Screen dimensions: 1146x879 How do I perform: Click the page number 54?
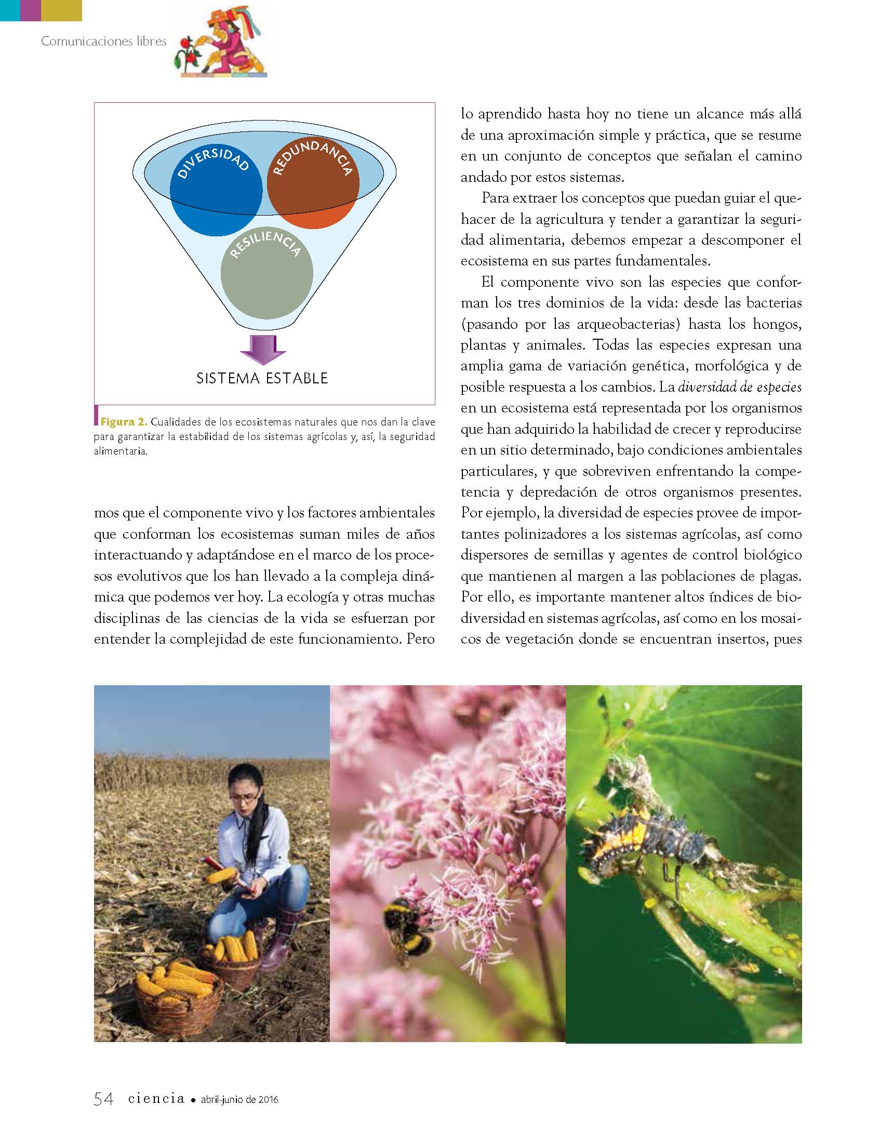coord(103,1099)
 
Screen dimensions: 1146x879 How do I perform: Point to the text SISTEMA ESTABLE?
coord(262,378)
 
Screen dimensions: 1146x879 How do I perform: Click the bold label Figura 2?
coord(124,422)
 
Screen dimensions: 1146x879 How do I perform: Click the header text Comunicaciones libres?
coord(103,41)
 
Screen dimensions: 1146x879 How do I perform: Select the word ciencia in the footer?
coord(156,1098)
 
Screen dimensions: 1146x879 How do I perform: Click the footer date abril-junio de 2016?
coord(239,1099)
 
